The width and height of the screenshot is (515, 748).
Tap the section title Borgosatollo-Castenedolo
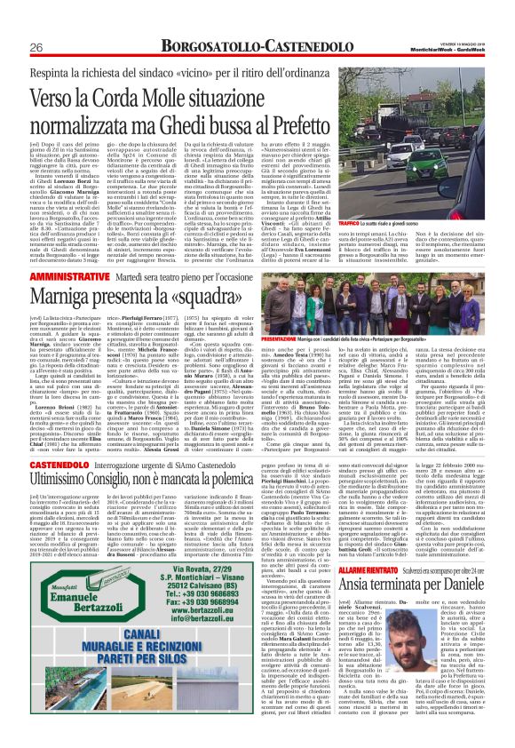[257, 44]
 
